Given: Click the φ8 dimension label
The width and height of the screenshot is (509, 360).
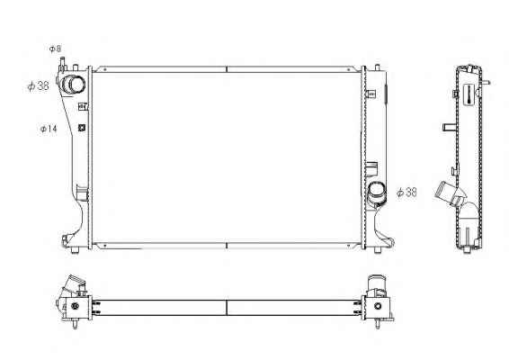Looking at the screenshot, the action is pos(55,49).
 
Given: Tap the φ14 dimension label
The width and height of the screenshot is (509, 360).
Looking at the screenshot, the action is pos(49,129).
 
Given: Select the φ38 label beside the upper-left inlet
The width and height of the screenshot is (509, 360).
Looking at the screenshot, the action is pos(39,86).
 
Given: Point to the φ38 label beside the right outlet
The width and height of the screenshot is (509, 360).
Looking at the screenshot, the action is pos(406,193).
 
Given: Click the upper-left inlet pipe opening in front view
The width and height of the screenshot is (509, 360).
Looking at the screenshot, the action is pos(73,85).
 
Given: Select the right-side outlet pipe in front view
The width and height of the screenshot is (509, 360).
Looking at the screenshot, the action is pos(376,193).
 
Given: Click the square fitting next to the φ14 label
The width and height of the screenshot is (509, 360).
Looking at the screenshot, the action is pos(82,128).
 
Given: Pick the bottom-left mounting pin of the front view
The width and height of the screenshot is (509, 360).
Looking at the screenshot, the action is pos(75,250).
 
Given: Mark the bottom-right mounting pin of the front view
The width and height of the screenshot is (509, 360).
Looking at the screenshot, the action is pos(378,250).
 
